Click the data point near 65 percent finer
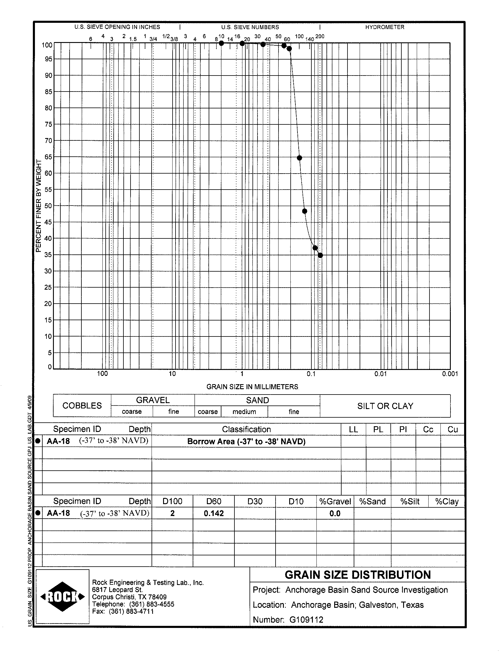300,158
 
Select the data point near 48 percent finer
305,211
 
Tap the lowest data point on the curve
320,255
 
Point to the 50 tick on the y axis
48,206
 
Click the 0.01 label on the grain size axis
380,374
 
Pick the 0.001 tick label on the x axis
450,374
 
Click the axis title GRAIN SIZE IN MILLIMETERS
252,387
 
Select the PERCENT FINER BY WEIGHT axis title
38,206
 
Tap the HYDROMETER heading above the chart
384,27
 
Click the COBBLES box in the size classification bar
82,406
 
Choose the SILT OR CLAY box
385,406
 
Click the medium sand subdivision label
244,412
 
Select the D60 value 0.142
214,513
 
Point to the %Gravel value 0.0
335,513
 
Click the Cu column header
452,429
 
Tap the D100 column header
172,501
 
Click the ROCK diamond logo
62,597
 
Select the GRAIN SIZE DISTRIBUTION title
358,575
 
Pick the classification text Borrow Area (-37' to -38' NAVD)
246,442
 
